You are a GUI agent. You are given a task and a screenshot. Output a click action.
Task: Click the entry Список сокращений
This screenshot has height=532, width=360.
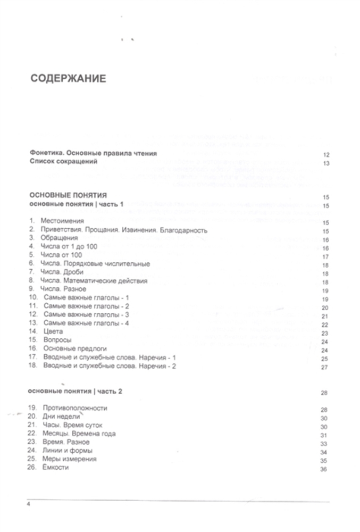click(63, 162)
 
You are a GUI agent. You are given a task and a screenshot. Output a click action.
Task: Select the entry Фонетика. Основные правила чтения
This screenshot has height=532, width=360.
click(93, 154)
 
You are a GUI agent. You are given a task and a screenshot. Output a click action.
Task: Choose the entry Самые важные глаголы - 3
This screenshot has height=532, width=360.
click(86, 314)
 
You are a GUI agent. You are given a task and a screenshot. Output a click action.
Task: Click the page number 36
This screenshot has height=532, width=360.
click(323, 469)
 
